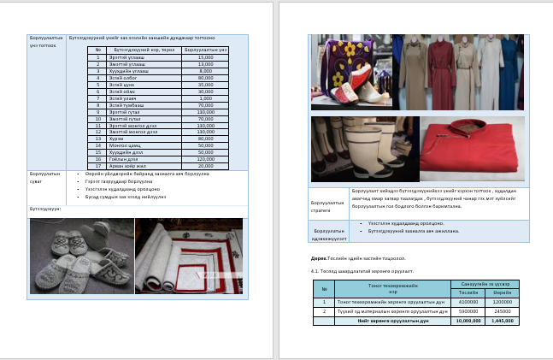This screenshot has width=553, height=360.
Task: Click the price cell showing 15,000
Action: pos(205,57)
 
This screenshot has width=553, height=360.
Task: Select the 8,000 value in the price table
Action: pos(205,71)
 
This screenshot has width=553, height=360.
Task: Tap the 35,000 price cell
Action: pos(205,86)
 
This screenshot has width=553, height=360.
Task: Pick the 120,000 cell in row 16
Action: pos(205,159)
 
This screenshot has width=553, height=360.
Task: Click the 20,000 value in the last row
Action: pos(205,166)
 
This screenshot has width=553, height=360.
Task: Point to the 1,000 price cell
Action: pos(205,98)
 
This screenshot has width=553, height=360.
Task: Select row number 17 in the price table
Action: pos(98,166)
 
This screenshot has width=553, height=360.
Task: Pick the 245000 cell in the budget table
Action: pos(503,311)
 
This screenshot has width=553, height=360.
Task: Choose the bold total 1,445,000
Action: pos(503,321)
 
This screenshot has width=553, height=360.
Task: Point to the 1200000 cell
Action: pos(503,302)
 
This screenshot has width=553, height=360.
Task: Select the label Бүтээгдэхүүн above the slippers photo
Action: pos(44,208)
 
